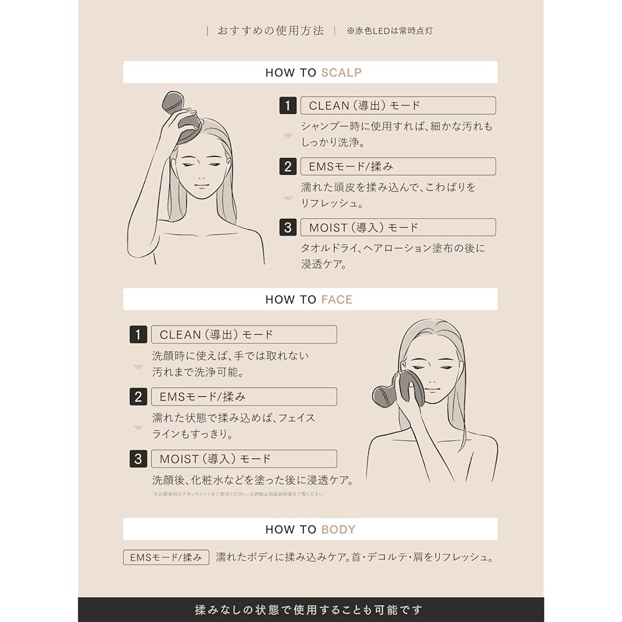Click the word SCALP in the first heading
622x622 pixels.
341,72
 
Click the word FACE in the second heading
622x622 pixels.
337,299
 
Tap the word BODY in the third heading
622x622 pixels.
338,529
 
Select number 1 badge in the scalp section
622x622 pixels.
287,106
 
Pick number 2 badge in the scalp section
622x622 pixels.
287,167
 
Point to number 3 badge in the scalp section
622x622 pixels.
287,228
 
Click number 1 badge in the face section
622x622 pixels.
138,335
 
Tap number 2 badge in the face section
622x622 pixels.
138,397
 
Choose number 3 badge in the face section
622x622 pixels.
138,459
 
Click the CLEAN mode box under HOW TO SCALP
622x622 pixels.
397,106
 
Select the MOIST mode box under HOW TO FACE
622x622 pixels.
244,459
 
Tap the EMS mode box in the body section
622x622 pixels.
165,557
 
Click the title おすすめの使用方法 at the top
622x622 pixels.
271,30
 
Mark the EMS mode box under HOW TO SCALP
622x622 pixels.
397,167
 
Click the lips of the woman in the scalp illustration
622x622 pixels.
201,185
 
